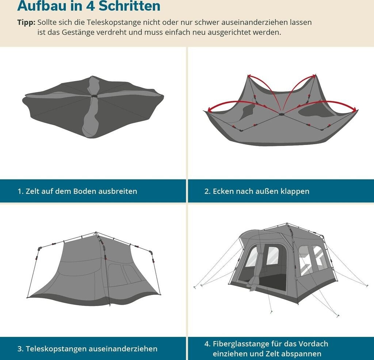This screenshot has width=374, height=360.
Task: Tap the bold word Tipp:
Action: [26, 22]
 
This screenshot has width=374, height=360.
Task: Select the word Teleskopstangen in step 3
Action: [56, 349]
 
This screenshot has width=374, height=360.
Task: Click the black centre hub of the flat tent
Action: [94, 96]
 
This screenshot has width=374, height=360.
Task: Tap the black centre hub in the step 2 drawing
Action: [282, 114]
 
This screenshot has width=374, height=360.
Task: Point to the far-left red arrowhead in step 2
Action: [209, 110]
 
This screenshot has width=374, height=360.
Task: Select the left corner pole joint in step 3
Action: [39, 248]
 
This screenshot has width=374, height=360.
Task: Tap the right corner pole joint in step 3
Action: [151, 252]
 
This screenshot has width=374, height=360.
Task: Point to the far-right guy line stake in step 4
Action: [367, 286]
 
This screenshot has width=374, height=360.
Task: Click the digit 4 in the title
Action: [91, 6]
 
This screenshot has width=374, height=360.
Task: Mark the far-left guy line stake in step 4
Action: [195, 287]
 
